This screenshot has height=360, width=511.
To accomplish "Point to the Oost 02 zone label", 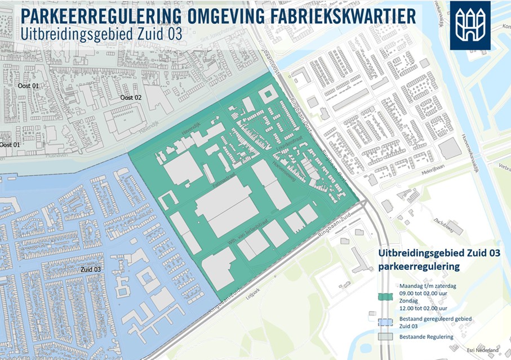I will click(131, 97).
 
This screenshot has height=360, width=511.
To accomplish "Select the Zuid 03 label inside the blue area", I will click(91, 269).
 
